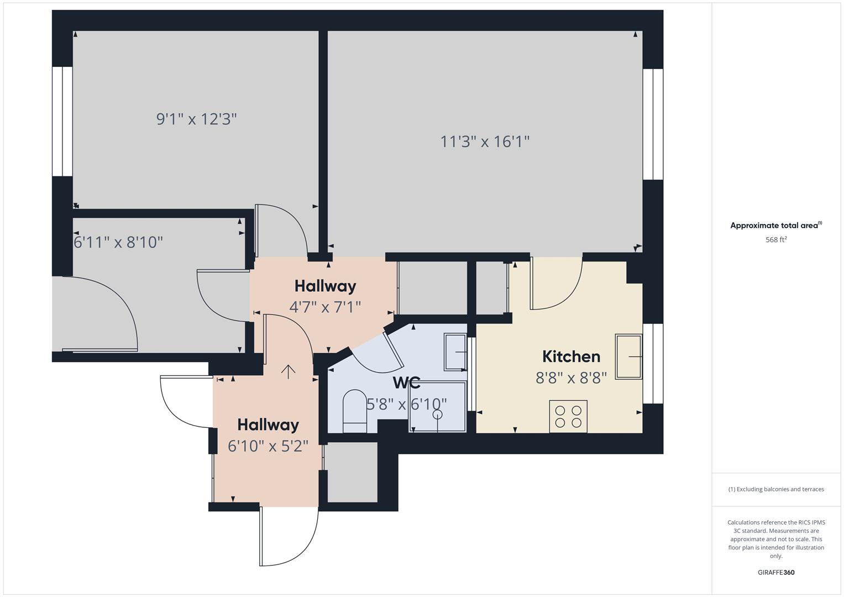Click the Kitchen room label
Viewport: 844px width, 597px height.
coord(571,357)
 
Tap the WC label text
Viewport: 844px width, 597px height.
coord(406,383)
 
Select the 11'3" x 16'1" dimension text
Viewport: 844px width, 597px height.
coord(485,142)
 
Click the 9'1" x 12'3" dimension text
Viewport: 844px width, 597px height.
coord(196,119)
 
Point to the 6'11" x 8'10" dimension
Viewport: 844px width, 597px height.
coord(118,242)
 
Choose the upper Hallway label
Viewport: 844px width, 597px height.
coord(325,286)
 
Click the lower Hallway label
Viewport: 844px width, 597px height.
coord(268,425)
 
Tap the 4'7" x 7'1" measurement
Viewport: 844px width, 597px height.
coord(325,306)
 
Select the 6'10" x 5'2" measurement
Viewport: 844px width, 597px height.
coord(268,446)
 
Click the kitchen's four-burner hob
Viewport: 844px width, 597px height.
coord(568,416)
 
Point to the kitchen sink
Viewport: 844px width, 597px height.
coord(629,357)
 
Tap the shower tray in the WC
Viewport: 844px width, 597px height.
coord(438,406)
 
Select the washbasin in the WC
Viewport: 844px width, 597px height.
coord(455,352)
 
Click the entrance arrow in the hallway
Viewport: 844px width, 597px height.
coord(287,371)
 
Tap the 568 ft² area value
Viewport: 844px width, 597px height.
coord(776,239)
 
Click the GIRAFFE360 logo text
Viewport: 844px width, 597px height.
coord(776,572)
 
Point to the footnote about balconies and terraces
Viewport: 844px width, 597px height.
coord(776,489)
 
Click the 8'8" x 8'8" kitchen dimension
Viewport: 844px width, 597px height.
coord(571,378)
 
